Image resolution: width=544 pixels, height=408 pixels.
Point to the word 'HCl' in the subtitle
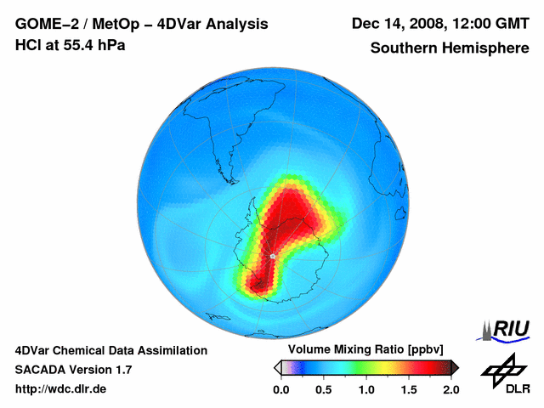pos(28,45)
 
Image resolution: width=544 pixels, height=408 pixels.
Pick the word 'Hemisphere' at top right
pos(486,48)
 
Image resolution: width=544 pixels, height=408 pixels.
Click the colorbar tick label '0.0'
pos(281,389)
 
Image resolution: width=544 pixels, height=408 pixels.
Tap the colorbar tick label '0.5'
pos(324,389)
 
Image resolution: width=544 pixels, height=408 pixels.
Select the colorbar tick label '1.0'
pos(366,389)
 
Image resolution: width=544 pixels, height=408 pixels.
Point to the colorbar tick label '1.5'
pos(409,389)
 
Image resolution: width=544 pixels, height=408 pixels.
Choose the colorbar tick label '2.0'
pos(450,389)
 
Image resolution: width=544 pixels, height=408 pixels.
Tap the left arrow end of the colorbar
pos(277,367)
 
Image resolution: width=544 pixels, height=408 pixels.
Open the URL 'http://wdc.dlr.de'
pos(61,389)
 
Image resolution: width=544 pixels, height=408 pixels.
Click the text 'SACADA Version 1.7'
pos(73,370)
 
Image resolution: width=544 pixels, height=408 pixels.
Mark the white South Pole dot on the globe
pos(272,256)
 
